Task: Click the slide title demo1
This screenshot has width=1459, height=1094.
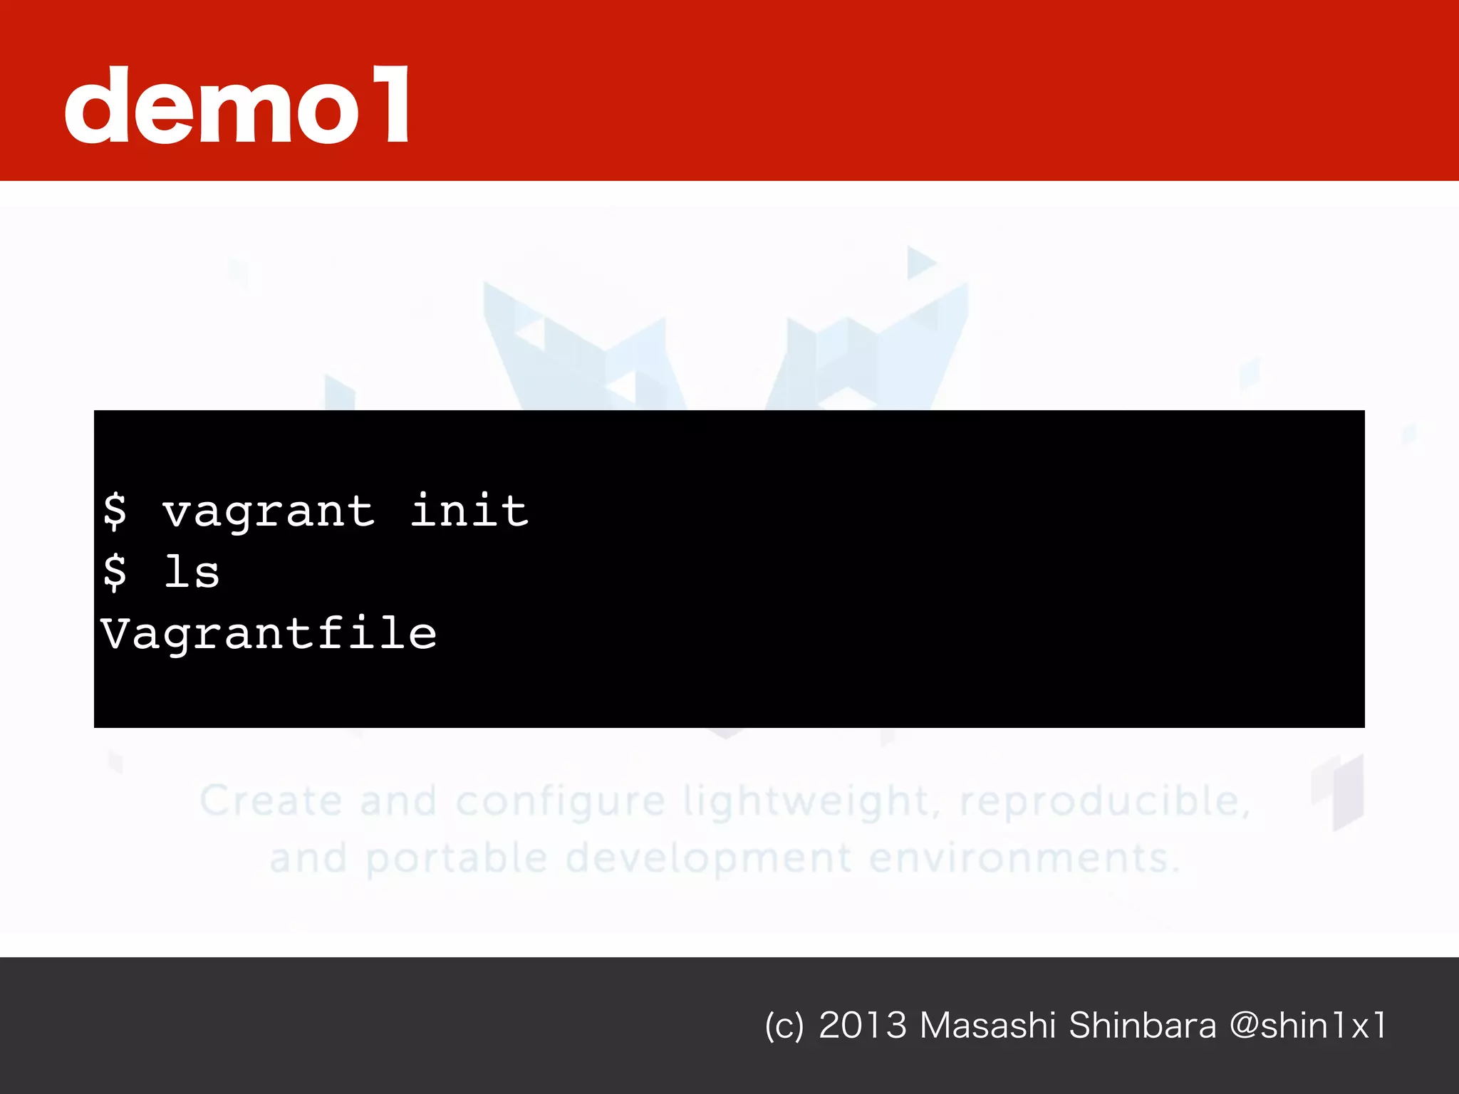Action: pyautogui.click(x=238, y=105)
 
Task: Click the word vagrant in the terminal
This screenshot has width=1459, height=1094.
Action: pyautogui.click(x=269, y=512)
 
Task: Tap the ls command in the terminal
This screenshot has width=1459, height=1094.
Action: pyautogui.click(x=192, y=572)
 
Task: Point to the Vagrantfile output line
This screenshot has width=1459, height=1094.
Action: pyautogui.click(x=269, y=634)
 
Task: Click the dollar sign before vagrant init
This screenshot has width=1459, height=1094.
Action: pyautogui.click(x=115, y=511)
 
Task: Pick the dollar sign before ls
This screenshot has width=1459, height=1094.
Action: pyautogui.click(x=115, y=572)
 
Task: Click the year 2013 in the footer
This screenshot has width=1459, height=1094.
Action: pyautogui.click(x=863, y=1026)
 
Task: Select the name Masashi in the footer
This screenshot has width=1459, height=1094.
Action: pyautogui.click(x=987, y=1026)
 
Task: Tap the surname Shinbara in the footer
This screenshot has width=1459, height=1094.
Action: pyautogui.click(x=1143, y=1026)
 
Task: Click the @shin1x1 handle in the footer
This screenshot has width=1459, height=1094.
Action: pyautogui.click(x=1308, y=1026)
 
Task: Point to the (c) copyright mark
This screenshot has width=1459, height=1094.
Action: pyautogui.click(x=784, y=1026)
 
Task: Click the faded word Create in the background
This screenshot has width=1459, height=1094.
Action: pyautogui.click(x=271, y=801)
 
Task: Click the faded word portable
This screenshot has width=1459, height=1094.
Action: pyautogui.click(x=457, y=858)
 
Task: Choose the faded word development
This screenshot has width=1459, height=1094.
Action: pyautogui.click(x=709, y=858)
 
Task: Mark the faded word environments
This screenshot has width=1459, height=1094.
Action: pyautogui.click(x=1024, y=858)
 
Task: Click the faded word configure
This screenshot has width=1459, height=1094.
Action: pyautogui.click(x=561, y=802)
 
